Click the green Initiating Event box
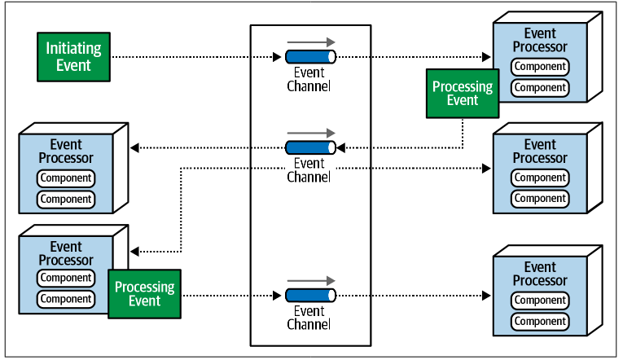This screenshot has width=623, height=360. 73,57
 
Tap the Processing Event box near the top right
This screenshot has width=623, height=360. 463,94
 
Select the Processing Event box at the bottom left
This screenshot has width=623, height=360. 145,294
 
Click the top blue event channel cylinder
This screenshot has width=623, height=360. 311,57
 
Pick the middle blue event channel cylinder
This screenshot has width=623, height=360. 311,147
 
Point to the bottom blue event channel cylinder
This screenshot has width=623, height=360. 311,296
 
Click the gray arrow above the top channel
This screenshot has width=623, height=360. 311,42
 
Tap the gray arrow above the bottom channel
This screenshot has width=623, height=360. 311,280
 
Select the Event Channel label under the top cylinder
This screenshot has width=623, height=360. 309,80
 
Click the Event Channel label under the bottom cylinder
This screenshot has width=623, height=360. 309,318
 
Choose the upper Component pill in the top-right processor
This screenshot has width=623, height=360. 540,66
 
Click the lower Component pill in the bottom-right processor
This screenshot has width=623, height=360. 540,321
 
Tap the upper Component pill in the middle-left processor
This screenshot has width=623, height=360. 66,178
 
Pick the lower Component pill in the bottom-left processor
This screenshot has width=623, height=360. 66,299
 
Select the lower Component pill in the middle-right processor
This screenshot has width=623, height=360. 540,198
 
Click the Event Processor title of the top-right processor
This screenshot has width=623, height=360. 540,40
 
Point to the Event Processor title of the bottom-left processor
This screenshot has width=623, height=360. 66,253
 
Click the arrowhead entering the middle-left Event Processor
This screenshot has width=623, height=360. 134,147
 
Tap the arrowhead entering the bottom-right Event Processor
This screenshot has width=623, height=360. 486,296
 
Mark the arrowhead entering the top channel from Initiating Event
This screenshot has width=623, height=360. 277,57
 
